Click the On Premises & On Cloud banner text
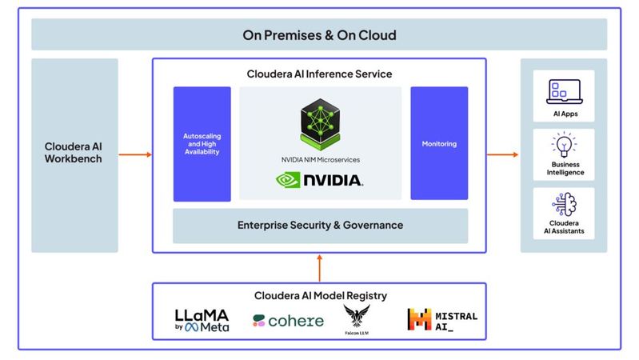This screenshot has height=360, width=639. [x=319, y=36]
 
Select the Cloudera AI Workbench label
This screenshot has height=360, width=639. [x=74, y=154]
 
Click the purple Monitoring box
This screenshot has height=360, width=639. [x=438, y=144]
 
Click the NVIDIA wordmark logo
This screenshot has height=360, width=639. [x=320, y=178]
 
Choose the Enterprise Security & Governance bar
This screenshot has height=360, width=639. [x=320, y=226]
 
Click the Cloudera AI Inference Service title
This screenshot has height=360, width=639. [x=319, y=74]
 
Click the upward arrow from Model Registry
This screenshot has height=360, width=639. [x=319, y=266]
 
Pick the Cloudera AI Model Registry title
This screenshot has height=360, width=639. [x=319, y=295]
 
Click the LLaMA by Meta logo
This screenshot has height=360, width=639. [x=202, y=320]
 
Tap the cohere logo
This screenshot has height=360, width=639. [x=288, y=321]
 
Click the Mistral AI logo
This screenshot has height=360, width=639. [x=442, y=320]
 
